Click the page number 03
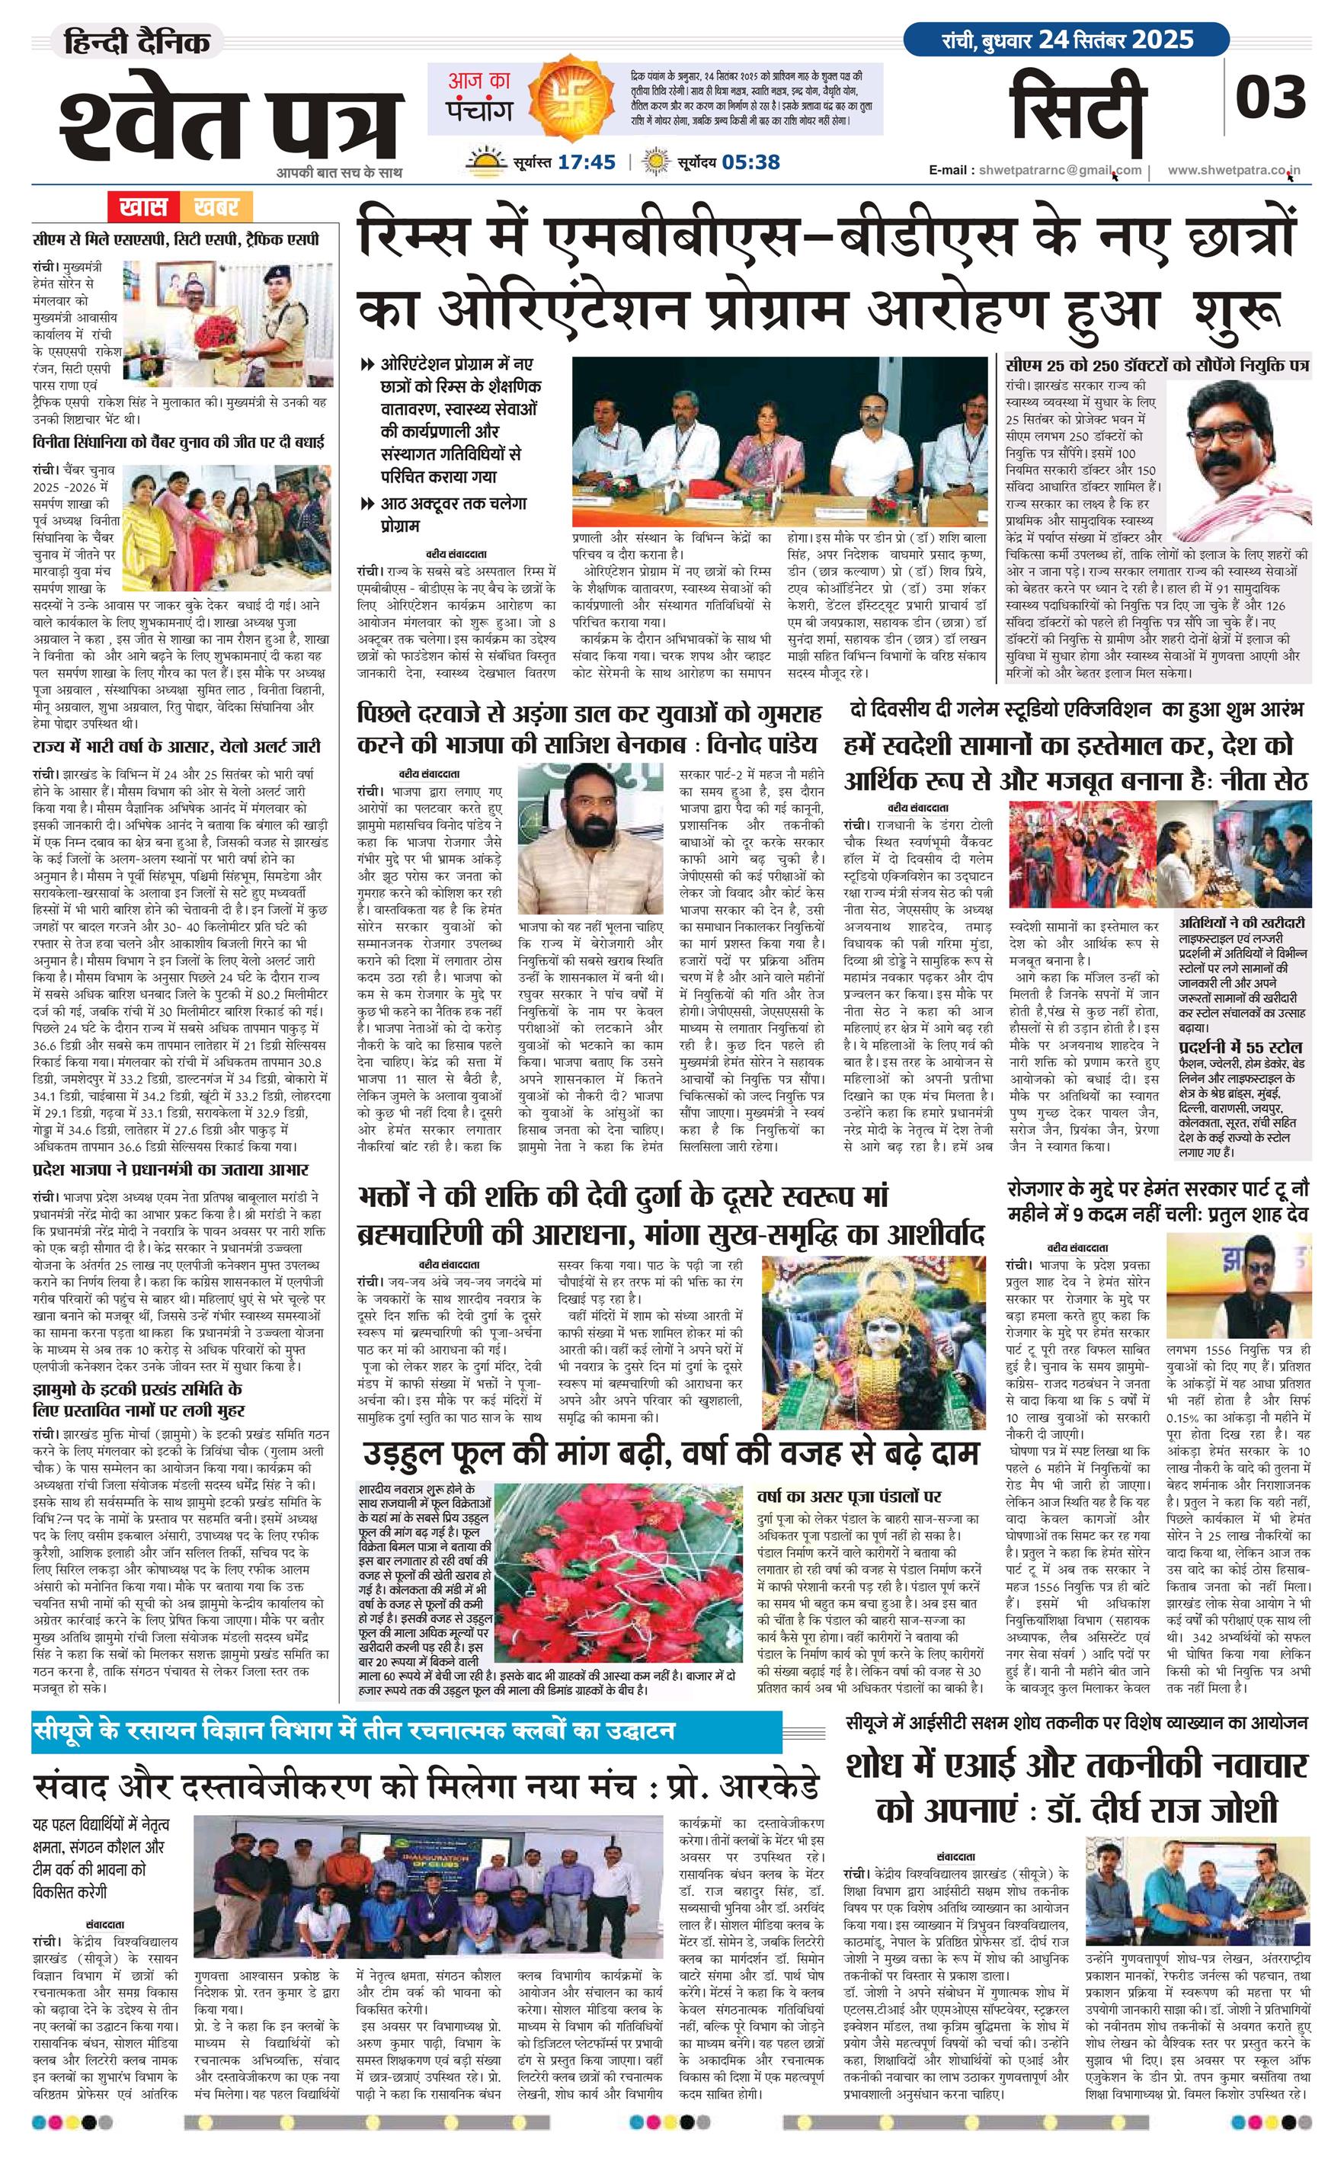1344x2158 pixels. (1271, 97)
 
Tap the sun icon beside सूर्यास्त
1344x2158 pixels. (486, 162)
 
